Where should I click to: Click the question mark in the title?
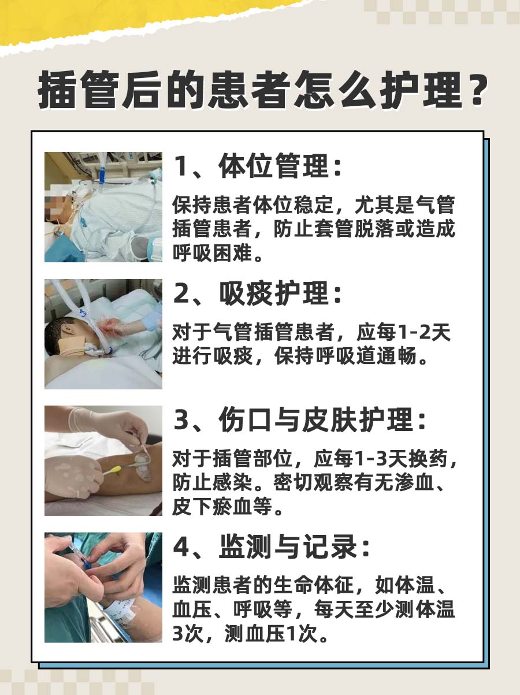pos(471,92)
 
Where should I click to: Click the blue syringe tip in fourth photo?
pos(87,563)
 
